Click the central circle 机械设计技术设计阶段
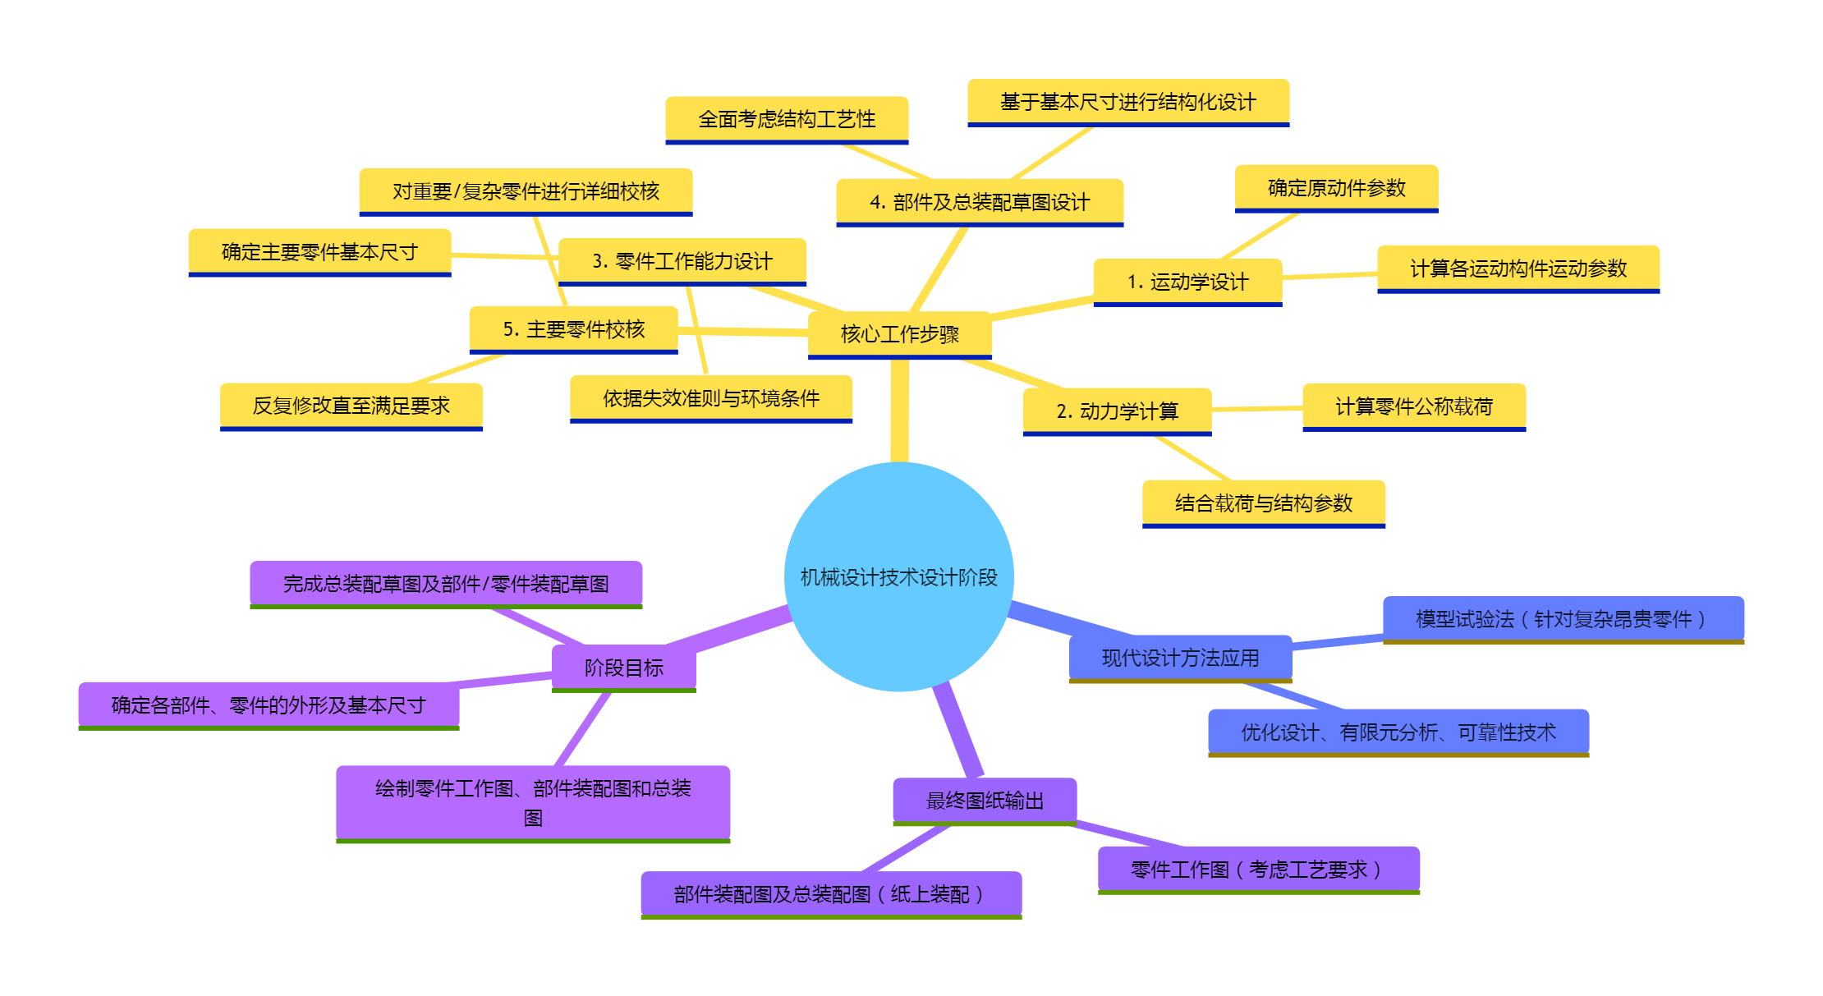click(899, 576)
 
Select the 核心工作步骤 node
click(899, 334)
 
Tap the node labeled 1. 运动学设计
click(1187, 282)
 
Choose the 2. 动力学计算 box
click(1117, 411)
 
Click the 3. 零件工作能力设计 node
click(682, 261)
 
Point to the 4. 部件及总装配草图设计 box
click(980, 202)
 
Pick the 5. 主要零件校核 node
click(573, 329)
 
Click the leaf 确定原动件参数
click(1336, 188)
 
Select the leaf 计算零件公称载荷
click(1413, 406)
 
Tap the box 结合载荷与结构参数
click(1263, 503)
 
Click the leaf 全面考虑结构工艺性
click(787, 120)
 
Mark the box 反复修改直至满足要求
click(351, 406)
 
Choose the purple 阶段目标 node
click(623, 668)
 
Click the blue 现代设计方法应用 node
click(1180, 658)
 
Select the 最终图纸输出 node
click(985, 801)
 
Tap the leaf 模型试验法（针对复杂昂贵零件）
click(1563, 619)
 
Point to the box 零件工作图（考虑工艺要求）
click(1258, 870)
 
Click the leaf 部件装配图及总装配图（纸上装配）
click(831, 894)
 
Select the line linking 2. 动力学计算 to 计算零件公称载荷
click(1256, 408)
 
